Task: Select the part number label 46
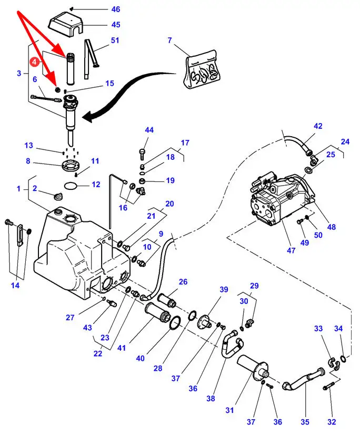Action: click(x=115, y=9)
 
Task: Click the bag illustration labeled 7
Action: click(x=201, y=68)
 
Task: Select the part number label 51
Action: click(x=115, y=40)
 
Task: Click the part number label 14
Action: click(x=15, y=286)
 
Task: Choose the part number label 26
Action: click(x=183, y=282)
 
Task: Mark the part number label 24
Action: click(x=345, y=141)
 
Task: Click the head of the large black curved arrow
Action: click(x=89, y=118)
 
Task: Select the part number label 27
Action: click(x=85, y=317)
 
